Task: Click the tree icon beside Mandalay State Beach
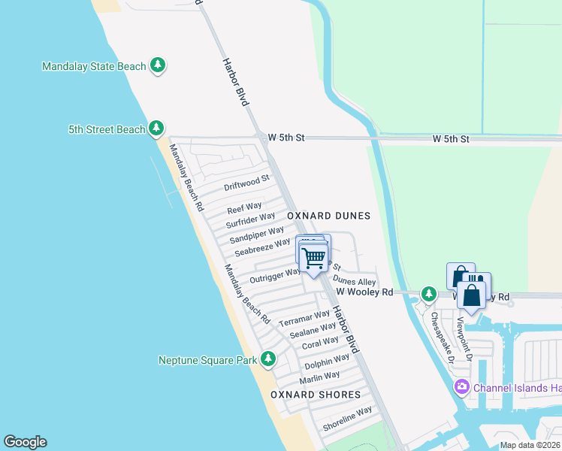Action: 157,66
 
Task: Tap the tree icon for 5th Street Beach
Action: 156,129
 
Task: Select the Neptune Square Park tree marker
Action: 269,360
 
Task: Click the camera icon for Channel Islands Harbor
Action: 461,387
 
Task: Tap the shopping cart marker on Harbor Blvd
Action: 314,259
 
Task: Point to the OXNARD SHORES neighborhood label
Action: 316,395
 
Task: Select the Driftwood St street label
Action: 246,183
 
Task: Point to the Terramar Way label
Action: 304,319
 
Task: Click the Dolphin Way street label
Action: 327,362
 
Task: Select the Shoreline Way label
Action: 347,419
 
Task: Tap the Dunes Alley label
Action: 354,281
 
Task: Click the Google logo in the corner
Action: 25,442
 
